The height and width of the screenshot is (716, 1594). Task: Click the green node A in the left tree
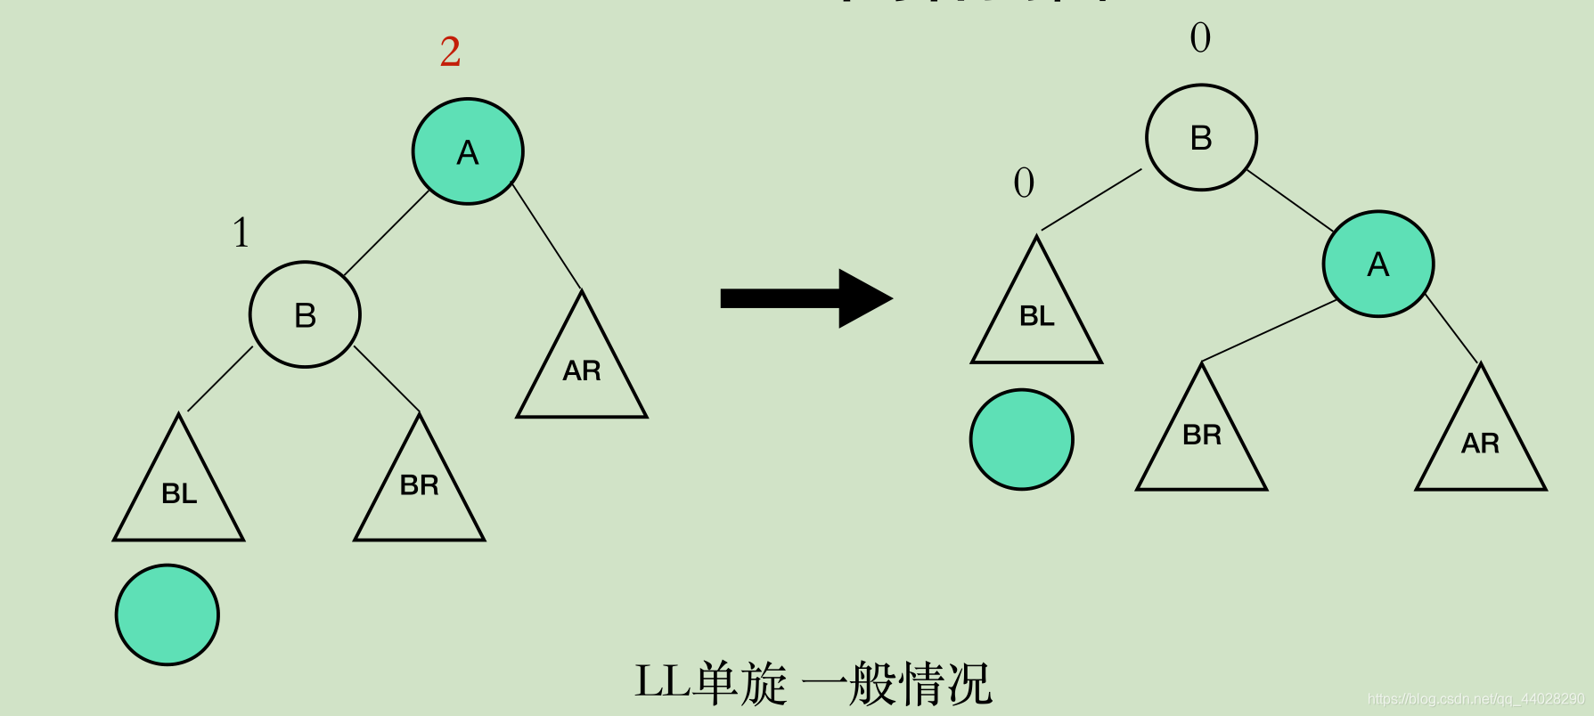coord(468,151)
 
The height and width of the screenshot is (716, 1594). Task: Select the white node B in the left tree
coord(305,314)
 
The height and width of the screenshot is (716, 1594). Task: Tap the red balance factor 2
coord(450,53)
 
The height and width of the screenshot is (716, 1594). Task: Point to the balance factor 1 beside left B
coord(241,232)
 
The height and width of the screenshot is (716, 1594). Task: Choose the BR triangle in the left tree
coord(419,490)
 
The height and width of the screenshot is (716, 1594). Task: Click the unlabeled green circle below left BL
coord(168,614)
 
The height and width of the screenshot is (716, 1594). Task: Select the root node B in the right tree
coord(1201,137)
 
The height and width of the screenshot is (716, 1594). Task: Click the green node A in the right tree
coord(1378,264)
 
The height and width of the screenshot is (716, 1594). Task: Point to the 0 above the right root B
coord(1200,37)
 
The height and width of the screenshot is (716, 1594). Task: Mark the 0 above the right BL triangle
coord(1024,183)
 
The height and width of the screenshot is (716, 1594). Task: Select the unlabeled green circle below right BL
coord(1022,439)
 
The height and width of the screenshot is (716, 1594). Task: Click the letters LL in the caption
coord(663,683)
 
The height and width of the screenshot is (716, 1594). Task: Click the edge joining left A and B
coord(387,233)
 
